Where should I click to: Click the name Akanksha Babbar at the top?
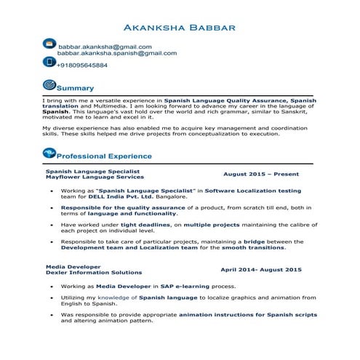tap(180, 28)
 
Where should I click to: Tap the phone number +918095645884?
tap(82, 65)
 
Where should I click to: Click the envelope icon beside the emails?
tap(49, 44)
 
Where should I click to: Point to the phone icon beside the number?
tap(49, 64)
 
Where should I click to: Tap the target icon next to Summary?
tap(49, 86)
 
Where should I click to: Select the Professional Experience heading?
tap(104, 156)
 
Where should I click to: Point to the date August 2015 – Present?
tap(261, 175)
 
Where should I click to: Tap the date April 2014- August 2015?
tap(260, 270)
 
